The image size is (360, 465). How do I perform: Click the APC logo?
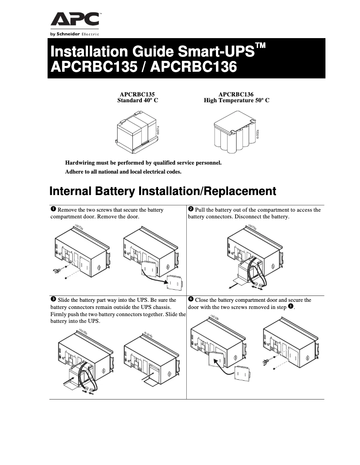pyautogui.click(x=75, y=20)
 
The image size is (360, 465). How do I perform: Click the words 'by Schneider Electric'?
pyautogui.click(x=75, y=34)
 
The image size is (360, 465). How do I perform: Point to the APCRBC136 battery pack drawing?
pyautogui.click(x=235, y=132)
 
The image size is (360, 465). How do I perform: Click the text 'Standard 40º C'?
pyautogui.click(x=137, y=101)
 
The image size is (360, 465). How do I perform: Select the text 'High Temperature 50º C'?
pyautogui.click(x=236, y=101)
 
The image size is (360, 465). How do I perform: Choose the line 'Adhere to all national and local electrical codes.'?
pyautogui.click(x=123, y=172)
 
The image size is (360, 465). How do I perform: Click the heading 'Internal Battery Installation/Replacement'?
pyautogui.click(x=162, y=191)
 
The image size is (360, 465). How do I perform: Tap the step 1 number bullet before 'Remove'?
pyautogui.click(x=53, y=209)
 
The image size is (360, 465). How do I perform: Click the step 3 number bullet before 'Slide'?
pyautogui.click(x=53, y=299)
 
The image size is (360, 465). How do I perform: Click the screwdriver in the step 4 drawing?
pyautogui.click(x=265, y=361)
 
